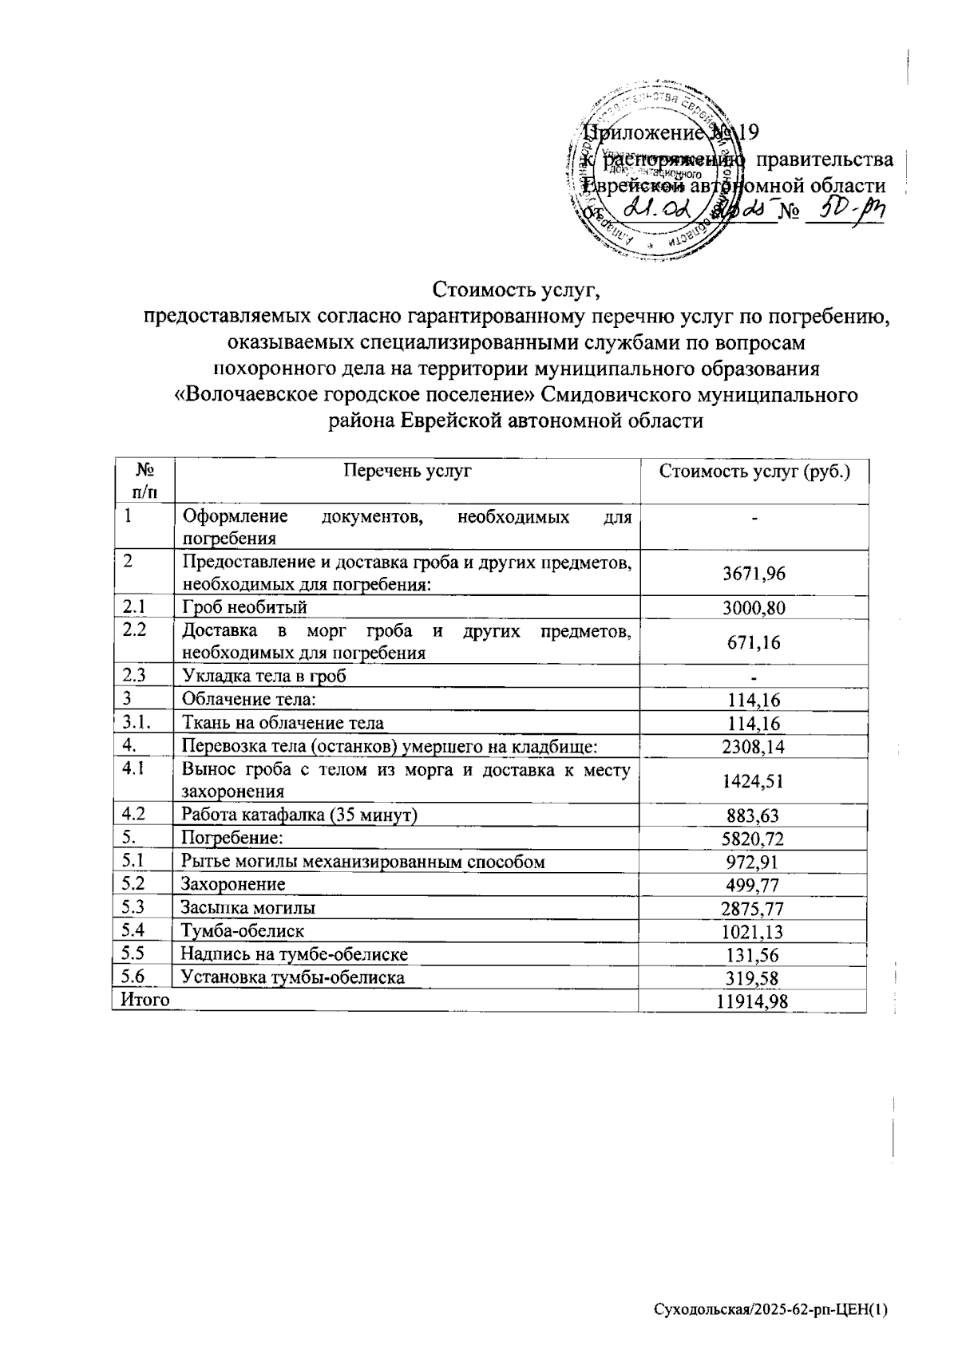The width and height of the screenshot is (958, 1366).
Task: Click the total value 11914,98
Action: pos(752,1001)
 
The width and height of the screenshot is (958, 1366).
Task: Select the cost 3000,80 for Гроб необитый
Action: pos(753,608)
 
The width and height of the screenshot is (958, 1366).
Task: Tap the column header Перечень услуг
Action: pos(407,471)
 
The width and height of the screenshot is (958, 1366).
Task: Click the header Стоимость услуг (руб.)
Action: pos(753,472)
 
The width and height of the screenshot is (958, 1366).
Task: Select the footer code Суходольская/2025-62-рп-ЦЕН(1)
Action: pos(770,1309)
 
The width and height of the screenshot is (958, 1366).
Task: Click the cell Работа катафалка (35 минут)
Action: pos(300,815)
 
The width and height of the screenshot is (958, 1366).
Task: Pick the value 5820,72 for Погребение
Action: pos(753,839)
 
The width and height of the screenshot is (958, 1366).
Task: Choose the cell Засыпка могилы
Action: pos(247,908)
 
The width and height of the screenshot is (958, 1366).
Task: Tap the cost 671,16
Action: pos(753,642)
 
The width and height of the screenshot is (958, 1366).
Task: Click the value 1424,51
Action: pos(753,781)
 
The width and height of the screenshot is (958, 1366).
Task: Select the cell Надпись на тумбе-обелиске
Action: pos(295,954)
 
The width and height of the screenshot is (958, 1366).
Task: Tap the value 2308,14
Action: pos(753,747)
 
